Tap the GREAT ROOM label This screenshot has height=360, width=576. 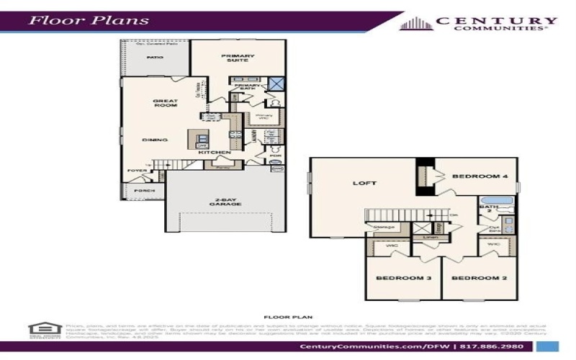pyautogui.click(x=165, y=103)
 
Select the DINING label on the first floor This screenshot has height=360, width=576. pyautogui.click(x=155, y=140)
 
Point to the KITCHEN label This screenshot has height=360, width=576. pyautogui.click(x=214, y=153)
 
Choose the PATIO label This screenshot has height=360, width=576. pyautogui.click(x=154, y=56)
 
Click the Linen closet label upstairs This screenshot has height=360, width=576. pyautogui.click(x=431, y=237)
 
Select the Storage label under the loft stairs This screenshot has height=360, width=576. pyautogui.click(x=383, y=227)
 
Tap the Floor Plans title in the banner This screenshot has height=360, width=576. pyautogui.click(x=89, y=19)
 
